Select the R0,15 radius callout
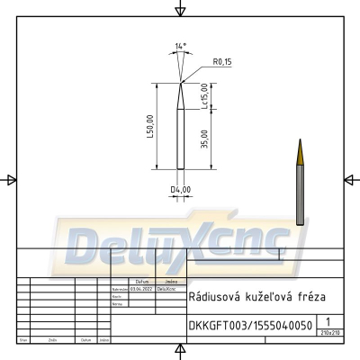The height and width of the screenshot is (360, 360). (x=222, y=62)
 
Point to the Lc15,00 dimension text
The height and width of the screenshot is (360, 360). (x=205, y=95)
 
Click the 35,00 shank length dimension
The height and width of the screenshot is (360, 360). (x=205, y=139)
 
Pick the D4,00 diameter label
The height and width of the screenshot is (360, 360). (x=183, y=189)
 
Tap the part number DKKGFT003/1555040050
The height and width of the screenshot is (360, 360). (x=250, y=325)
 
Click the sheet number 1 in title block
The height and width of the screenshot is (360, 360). (x=330, y=321)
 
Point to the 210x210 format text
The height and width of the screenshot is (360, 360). (x=330, y=333)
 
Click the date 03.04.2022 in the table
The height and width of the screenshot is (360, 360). (x=139, y=289)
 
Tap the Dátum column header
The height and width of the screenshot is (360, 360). (x=141, y=282)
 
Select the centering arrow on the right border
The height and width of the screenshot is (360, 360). (x=349, y=180)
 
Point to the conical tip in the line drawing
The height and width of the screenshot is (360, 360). (x=183, y=94)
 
